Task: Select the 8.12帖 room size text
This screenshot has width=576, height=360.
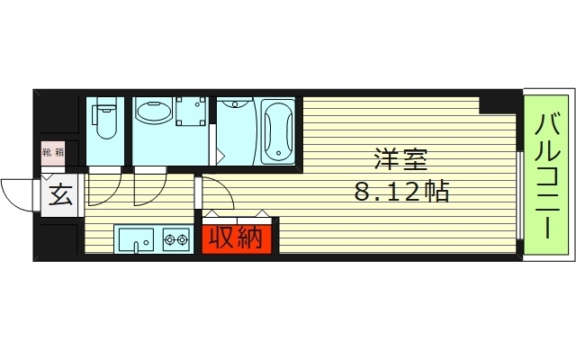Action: (401, 192)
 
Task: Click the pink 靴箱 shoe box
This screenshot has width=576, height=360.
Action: (53, 153)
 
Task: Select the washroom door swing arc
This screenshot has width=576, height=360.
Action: (149, 186)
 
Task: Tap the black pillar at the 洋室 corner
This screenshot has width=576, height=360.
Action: (499, 102)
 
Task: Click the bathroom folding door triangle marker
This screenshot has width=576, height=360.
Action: (217, 152)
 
